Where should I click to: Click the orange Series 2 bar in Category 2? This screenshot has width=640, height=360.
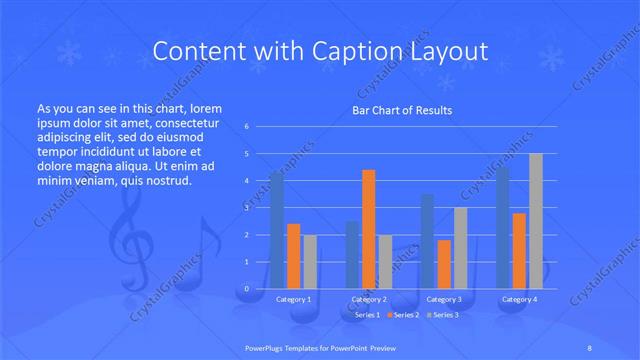pos(369,229)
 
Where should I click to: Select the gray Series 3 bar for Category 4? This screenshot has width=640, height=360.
pos(536,221)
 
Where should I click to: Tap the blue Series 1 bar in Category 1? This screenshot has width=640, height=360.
pos(277,230)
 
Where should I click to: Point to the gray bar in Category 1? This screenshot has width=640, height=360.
pos(310,262)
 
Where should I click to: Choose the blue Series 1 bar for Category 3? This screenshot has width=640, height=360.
pos(428,241)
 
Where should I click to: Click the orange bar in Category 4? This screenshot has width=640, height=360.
pos(520,250)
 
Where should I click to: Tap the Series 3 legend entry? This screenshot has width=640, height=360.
pos(446,315)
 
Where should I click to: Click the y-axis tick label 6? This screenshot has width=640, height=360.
pos(246,127)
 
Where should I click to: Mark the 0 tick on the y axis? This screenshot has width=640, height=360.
pos(246,288)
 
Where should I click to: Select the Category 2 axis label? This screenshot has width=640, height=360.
pos(369,299)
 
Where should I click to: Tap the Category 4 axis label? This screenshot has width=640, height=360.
pos(520,299)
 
